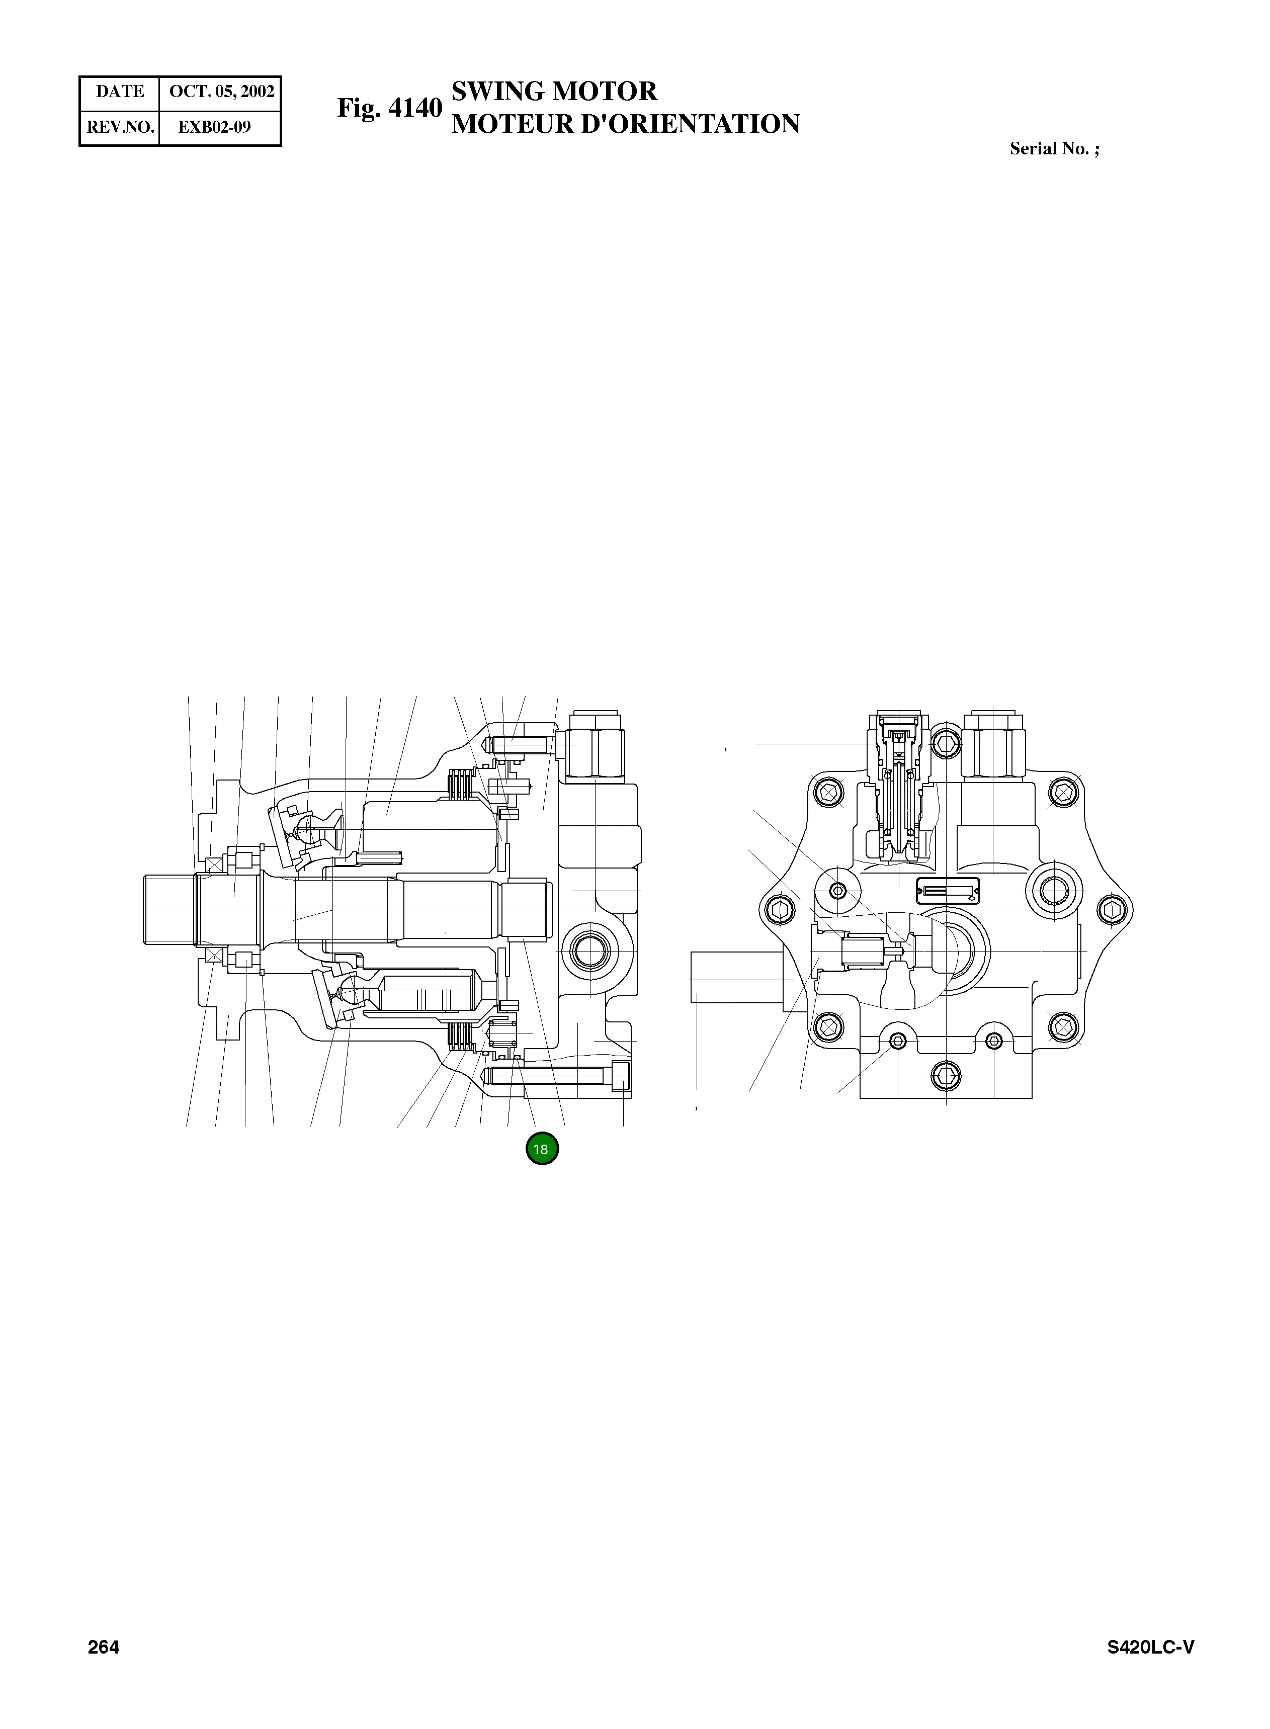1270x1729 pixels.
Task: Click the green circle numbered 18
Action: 542,1149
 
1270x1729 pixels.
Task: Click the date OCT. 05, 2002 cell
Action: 221,92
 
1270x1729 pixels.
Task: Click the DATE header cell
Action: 120,92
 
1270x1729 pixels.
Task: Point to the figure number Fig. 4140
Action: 389,108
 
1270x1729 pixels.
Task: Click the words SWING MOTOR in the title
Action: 553,92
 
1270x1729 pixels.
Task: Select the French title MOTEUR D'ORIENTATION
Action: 625,125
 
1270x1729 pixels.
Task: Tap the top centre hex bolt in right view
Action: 946,742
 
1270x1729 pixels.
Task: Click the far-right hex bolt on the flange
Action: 1112,910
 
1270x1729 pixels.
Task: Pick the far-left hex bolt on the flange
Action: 780,910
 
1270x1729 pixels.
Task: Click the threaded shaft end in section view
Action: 169,909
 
